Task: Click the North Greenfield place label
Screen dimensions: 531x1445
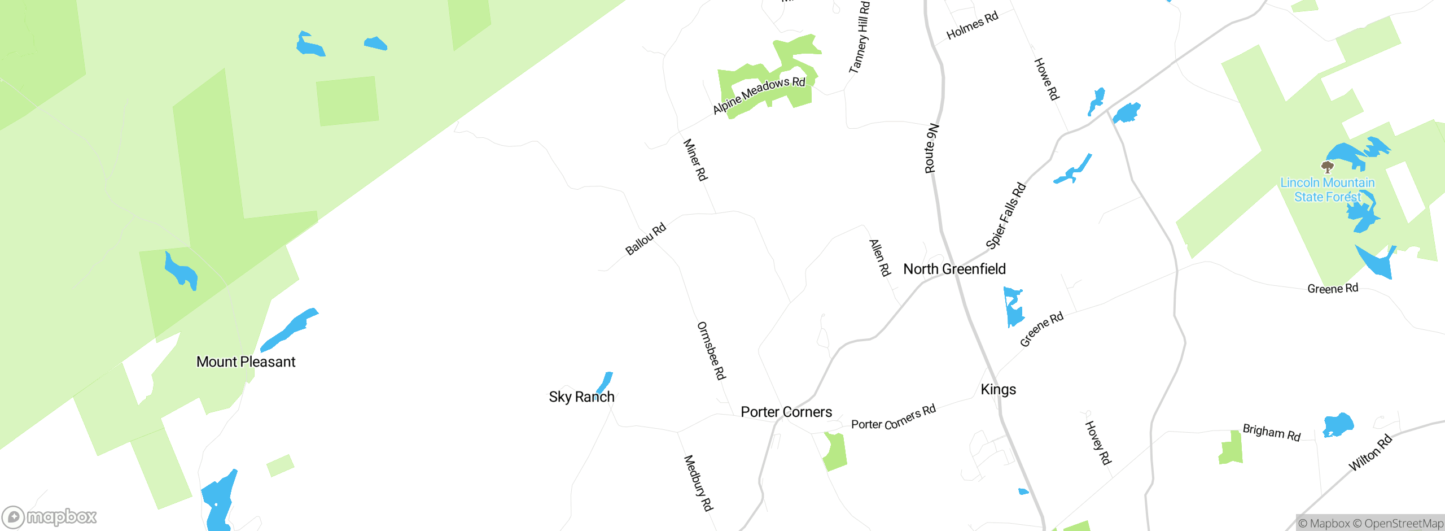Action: click(954, 269)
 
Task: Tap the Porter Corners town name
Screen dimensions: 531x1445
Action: click(786, 412)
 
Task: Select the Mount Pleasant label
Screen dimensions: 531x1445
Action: click(246, 362)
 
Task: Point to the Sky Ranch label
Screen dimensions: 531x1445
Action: click(581, 397)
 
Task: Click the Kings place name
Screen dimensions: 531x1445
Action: click(998, 389)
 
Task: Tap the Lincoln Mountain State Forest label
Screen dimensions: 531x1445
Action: click(1327, 190)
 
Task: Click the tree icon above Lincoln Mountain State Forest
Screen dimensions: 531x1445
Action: click(1327, 167)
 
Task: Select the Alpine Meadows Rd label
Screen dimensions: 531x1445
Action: click(759, 95)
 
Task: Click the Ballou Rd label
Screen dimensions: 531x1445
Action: click(646, 239)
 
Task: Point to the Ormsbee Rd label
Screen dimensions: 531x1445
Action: click(711, 350)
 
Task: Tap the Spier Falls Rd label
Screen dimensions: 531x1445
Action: click(1005, 216)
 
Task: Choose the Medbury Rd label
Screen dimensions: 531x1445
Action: click(698, 483)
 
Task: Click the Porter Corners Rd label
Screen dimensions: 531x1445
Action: click(893, 417)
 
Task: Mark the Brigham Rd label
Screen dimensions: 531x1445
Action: click(1271, 432)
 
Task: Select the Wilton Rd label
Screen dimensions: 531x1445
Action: click(1370, 452)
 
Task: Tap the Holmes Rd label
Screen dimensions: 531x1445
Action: click(972, 25)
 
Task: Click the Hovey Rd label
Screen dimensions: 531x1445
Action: click(1098, 442)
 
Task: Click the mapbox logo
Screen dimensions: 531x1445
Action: click(50, 517)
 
